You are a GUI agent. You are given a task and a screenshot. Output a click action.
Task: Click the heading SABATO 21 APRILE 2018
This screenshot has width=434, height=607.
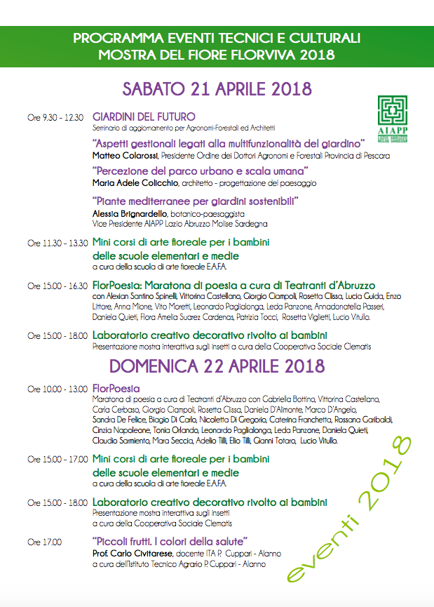pyautogui.click(x=217, y=89)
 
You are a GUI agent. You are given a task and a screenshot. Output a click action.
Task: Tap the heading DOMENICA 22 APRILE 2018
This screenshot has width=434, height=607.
pyautogui.click(x=217, y=366)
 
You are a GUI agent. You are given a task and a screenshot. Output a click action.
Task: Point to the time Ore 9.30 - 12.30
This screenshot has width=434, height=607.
pyautogui.click(x=56, y=117)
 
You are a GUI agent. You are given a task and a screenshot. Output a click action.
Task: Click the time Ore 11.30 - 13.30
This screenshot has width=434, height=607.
pyautogui.click(x=57, y=243)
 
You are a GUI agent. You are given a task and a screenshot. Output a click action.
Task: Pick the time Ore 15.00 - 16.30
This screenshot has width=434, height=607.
pyautogui.click(x=57, y=286)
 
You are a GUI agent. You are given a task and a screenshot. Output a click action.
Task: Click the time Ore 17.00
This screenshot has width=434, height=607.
pyautogui.click(x=44, y=542)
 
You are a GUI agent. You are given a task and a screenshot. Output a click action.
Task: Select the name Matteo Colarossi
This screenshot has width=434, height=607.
pyautogui.click(x=126, y=155)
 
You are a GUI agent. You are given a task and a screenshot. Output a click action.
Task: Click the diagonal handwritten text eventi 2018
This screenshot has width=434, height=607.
pyautogui.click(x=351, y=512)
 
